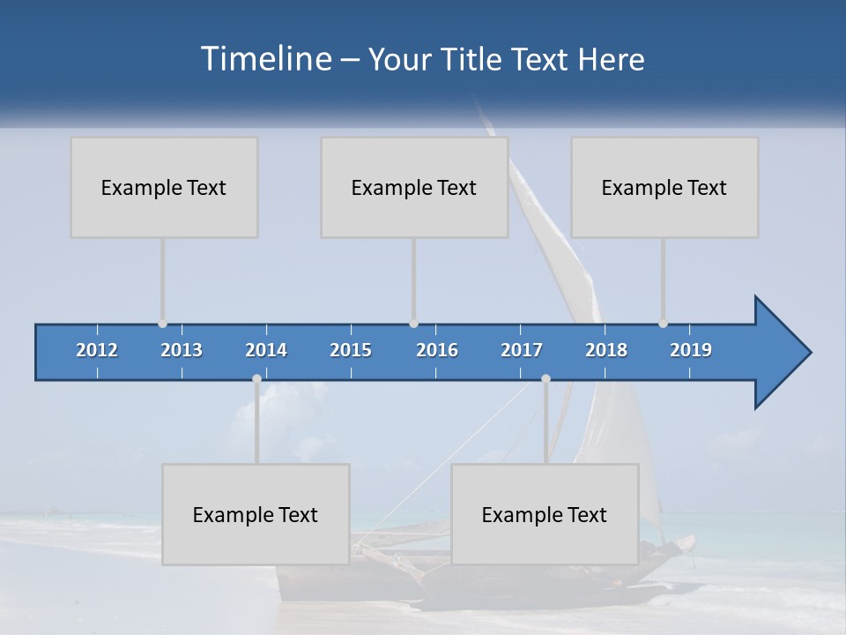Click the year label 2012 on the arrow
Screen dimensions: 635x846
click(97, 350)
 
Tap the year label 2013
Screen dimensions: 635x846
click(182, 350)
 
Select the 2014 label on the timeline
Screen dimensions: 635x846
click(266, 350)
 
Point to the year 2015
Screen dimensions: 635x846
click(351, 350)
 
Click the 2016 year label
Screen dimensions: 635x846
click(437, 350)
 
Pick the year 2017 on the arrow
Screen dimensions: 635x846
click(522, 350)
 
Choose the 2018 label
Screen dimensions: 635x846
click(606, 350)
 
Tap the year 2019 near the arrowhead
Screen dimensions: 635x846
click(691, 350)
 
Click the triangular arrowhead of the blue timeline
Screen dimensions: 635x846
click(780, 353)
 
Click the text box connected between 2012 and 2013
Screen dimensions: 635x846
click(164, 187)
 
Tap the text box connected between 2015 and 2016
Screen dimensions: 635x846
click(414, 187)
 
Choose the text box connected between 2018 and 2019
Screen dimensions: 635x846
click(664, 187)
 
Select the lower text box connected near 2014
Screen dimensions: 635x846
click(256, 514)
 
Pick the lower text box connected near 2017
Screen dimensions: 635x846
click(545, 514)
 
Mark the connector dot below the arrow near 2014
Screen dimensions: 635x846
click(256, 378)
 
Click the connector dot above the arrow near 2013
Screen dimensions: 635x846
click(162, 324)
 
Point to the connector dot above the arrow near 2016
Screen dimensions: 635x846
click(413, 324)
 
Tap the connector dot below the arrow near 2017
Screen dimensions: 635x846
click(545, 378)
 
